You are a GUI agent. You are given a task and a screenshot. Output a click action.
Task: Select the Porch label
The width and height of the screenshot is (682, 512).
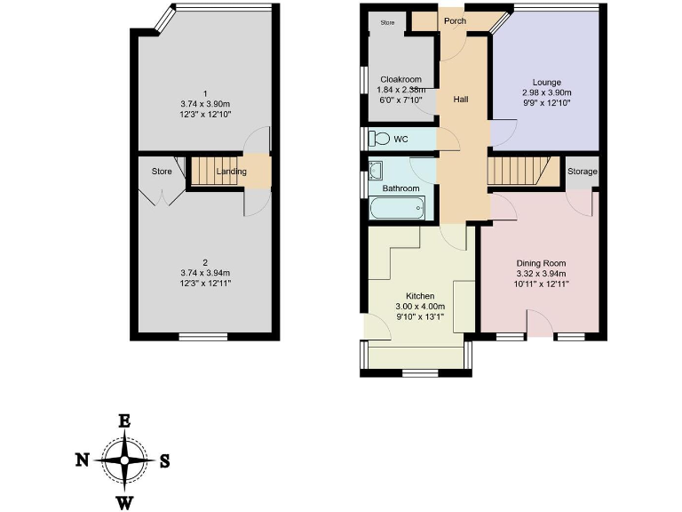455,20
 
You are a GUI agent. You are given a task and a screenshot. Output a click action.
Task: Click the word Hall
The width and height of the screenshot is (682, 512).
461,99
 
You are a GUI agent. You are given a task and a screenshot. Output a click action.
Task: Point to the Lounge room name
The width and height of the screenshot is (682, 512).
546,82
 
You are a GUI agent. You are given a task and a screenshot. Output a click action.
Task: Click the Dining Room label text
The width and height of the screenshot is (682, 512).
542,263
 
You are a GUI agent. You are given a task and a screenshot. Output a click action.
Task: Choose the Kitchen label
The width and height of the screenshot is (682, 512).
419,295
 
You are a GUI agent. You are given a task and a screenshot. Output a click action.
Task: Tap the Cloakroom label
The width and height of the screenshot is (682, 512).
400,79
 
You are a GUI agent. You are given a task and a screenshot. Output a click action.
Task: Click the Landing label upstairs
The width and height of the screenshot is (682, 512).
231,172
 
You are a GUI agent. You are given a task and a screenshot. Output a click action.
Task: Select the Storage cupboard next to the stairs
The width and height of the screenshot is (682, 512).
583,171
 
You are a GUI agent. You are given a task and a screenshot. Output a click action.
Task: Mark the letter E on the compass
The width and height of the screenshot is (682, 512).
125,421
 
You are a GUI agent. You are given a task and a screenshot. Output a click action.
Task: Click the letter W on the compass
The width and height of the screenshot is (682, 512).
125,502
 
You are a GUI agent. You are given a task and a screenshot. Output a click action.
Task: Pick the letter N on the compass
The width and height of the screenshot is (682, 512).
82,460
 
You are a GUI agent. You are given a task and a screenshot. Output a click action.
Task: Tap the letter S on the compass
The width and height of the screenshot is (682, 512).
164,460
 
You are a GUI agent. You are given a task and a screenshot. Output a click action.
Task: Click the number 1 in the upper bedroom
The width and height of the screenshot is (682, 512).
204,93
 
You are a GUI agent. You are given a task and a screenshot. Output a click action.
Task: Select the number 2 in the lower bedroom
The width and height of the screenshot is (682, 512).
204,262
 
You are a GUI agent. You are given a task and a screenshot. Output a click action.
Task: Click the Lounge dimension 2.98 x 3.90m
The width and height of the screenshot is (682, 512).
546,92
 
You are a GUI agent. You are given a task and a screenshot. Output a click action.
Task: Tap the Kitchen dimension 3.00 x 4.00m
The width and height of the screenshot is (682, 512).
419,307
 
